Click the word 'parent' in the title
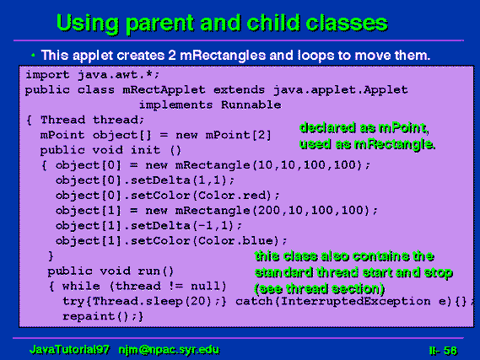coord(160,24)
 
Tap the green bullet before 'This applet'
coord(33,56)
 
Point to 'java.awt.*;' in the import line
coord(118,75)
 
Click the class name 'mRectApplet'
coord(164,90)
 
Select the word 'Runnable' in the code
coord(251,105)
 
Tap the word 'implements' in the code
coord(175,105)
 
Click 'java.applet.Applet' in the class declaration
coord(341,90)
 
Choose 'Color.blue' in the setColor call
coord(235,241)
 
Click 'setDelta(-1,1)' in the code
coord(182,226)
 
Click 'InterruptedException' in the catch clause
coord(355,301)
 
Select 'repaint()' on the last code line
coord(95,316)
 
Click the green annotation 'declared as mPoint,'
coord(364,128)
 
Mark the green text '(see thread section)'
coord(320,288)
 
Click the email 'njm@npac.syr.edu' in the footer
coord(169,350)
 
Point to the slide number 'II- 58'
coord(443,351)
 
